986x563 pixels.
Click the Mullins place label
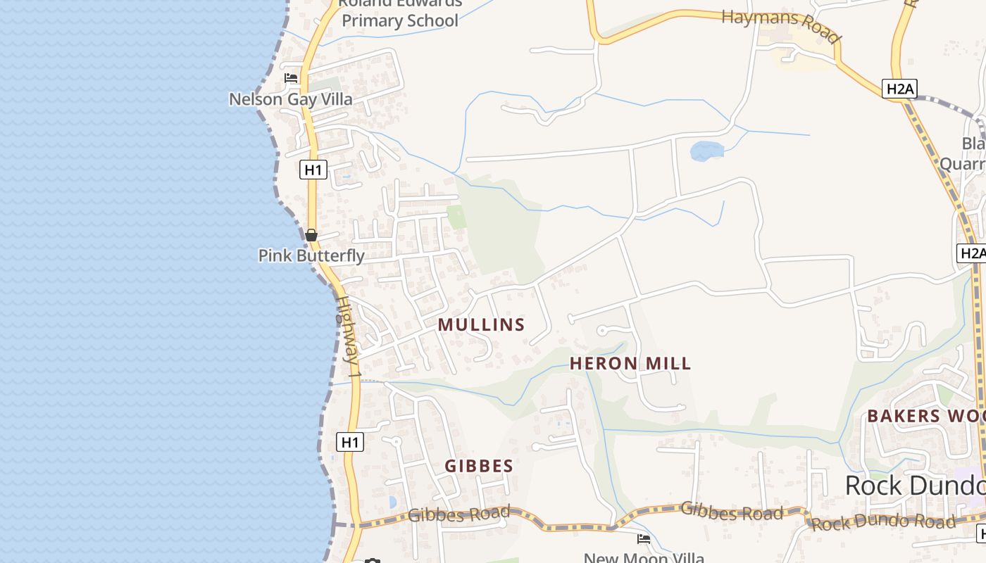[x=481, y=324]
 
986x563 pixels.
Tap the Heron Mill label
[x=630, y=363]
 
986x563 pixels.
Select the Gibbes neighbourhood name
[x=479, y=466]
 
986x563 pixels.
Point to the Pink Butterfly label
[x=311, y=255]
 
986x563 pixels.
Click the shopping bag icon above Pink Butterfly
[x=311, y=235]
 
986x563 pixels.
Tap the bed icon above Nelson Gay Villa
[x=291, y=78]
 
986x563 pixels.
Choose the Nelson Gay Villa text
[x=290, y=99]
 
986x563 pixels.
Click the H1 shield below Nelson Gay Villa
[x=313, y=170]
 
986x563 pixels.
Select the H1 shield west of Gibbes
[x=350, y=442]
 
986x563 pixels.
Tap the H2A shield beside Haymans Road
[x=899, y=89]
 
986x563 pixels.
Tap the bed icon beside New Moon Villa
[x=644, y=539]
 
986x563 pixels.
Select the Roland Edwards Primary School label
[x=400, y=13]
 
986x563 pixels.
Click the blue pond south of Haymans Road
[x=706, y=151]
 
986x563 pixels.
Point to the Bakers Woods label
[x=925, y=415]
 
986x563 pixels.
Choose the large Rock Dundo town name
[x=914, y=486]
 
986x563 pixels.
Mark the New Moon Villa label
[x=644, y=557]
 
